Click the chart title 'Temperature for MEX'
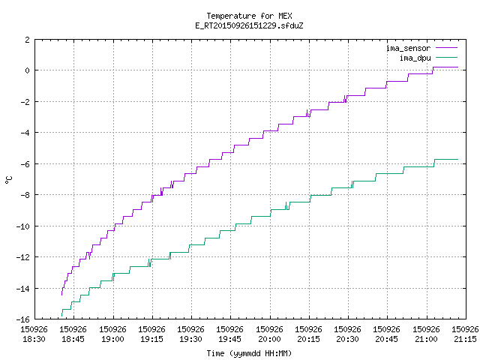coord(249,16)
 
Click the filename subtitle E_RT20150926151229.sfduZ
coord(249,25)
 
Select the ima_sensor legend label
coord(408,48)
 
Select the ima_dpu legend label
coord(415,58)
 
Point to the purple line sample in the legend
coord(446,48)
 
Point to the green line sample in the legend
coord(446,57)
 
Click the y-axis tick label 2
coord(28,40)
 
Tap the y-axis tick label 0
coord(28,70)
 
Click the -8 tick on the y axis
coord(25,195)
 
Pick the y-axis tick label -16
coord(23,319)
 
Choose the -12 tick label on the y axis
coord(23,257)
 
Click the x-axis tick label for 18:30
coord(34,334)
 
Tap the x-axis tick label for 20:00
coord(269,334)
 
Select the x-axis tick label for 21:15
coord(465,334)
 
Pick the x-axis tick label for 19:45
coord(230,334)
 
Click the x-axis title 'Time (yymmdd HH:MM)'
coord(249,353)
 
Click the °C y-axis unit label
coord(9,180)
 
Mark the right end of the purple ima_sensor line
coord(458,67)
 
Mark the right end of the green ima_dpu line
coord(458,159)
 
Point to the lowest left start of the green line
coord(61,316)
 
